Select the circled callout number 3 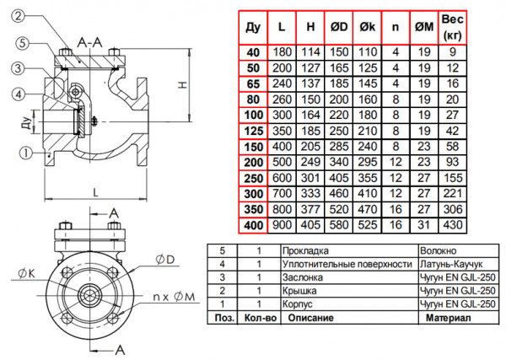(18, 68)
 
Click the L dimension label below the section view (97, 193)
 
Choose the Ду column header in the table (252, 28)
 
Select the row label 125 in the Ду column (252, 131)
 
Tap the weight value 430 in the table (454, 226)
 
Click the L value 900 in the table (282, 226)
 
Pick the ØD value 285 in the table (340, 145)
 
